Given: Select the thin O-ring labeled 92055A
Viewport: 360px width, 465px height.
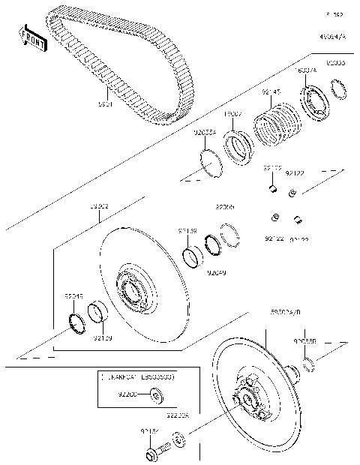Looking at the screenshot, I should coord(211,163).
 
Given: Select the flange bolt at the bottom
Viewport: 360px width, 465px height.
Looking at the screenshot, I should coord(152,453).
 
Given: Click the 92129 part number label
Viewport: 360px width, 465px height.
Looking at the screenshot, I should coord(103,337).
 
